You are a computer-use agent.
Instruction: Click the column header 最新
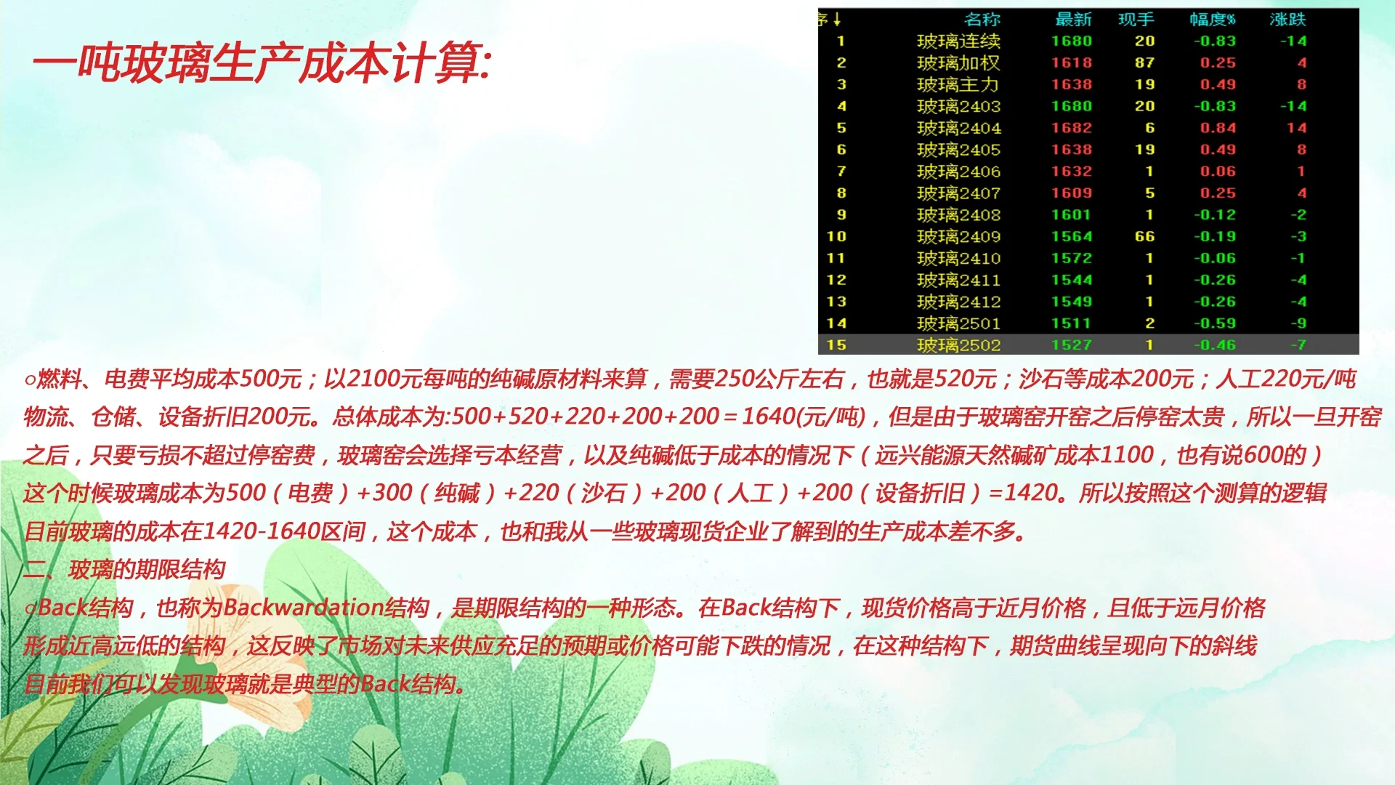tap(1073, 20)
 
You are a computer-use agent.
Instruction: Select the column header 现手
tap(1136, 20)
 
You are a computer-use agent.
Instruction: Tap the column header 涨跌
tap(1287, 20)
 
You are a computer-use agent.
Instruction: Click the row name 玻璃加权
tap(958, 63)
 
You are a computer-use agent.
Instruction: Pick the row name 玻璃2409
tap(958, 237)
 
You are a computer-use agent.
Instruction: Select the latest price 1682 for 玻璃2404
tap(1072, 128)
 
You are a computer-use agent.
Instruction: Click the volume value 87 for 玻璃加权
tap(1145, 63)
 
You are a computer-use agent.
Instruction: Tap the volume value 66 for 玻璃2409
tap(1145, 237)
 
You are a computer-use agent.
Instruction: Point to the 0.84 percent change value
tap(1218, 128)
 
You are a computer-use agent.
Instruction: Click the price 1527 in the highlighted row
tap(1072, 345)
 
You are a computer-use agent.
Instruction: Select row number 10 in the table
tap(836, 237)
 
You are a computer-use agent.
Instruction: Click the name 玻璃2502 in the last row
tap(958, 345)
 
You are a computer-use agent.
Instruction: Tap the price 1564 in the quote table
tap(1072, 237)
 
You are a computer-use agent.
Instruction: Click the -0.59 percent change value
tap(1215, 323)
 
